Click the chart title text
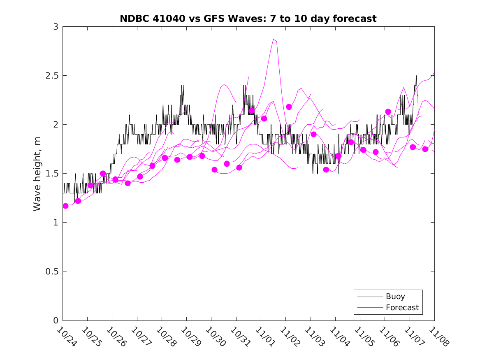248,19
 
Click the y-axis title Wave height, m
37,174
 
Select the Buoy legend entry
395,297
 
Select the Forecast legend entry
402,307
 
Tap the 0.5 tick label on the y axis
52,272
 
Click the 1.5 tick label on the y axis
52,174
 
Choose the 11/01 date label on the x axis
264,337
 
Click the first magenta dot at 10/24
65,206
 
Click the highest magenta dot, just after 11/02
289,107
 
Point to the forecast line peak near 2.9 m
274,39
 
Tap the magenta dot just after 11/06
388,112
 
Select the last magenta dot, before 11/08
425,149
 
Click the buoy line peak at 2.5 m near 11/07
416,76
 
